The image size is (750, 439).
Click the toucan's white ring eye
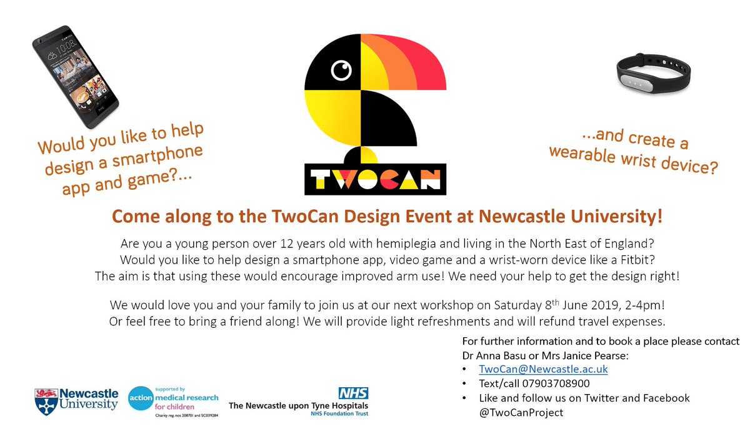tap(341, 71)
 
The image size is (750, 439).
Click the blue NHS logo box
tap(353, 393)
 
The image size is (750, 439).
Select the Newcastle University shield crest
tap(46, 400)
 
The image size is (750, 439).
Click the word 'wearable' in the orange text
tap(582, 154)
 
